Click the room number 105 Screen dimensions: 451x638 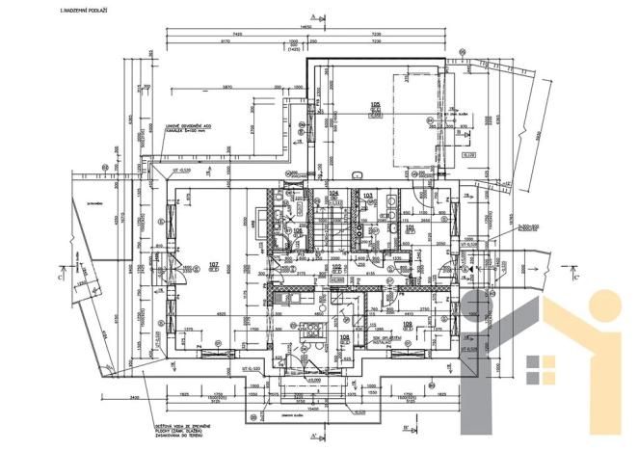pyautogui.click(x=377, y=103)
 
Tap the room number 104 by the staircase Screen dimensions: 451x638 pyautogui.click(x=334, y=194)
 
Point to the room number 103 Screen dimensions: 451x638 pyautogui.click(x=367, y=195)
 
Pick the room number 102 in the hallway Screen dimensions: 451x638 pyautogui.click(x=352, y=267)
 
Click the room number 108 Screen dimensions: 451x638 pyautogui.click(x=345, y=336)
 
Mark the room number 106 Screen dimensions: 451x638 pyautogui.click(x=299, y=231)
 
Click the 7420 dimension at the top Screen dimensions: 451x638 pyautogui.click(x=237, y=36)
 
